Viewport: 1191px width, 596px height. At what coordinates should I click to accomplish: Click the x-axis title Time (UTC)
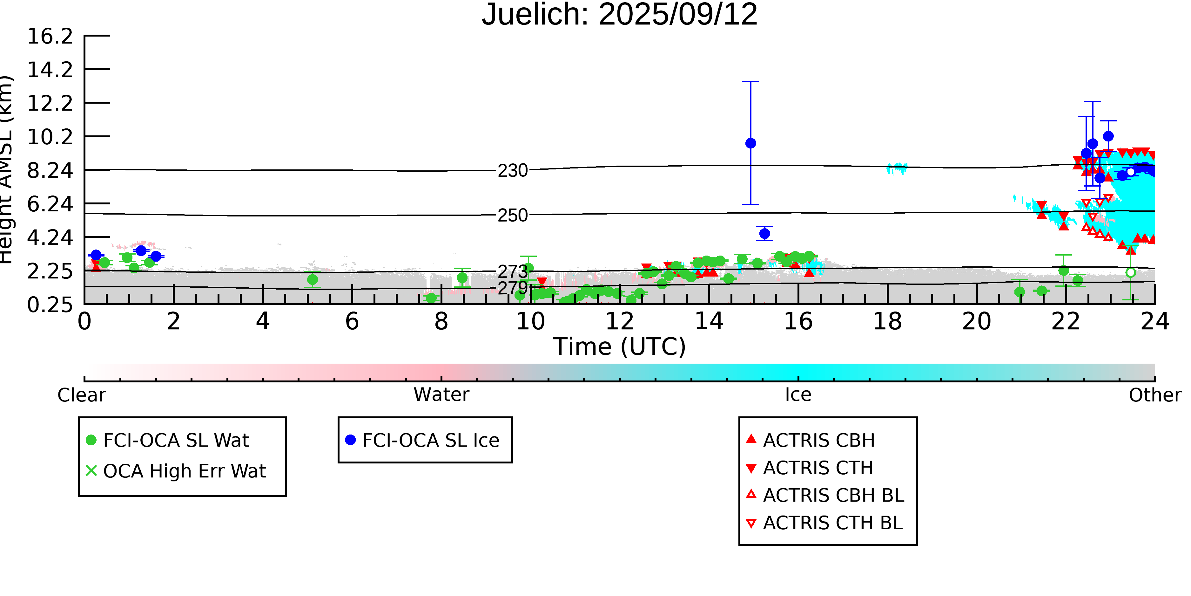click(620, 346)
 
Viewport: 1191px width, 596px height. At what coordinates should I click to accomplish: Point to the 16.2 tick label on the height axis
click(50, 36)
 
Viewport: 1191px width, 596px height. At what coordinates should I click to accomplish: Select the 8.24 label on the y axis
click(50, 170)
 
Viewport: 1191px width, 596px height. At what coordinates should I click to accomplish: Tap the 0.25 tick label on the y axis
click(50, 305)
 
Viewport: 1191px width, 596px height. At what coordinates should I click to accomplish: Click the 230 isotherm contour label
click(513, 171)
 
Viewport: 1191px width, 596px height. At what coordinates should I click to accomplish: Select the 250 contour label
click(513, 215)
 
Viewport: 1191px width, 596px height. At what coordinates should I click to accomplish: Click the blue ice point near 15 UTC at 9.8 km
click(751, 143)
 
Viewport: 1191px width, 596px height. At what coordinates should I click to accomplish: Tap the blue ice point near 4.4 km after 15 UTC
click(765, 234)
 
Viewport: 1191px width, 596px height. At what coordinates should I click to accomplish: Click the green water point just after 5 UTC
click(313, 279)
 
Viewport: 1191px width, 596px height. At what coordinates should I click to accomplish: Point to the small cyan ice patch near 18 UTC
click(897, 168)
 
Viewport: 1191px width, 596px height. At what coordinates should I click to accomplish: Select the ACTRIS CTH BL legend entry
click(824, 523)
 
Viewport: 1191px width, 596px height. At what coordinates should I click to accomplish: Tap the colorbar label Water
click(441, 395)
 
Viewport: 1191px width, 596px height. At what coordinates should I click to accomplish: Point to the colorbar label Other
click(1155, 395)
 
